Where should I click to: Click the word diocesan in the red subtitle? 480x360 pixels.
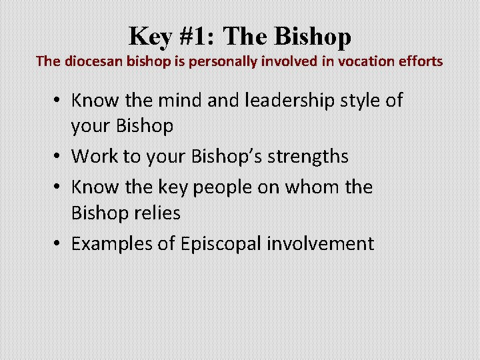(x=91, y=61)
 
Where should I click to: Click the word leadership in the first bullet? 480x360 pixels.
(x=277, y=101)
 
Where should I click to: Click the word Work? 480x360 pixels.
(x=93, y=156)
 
